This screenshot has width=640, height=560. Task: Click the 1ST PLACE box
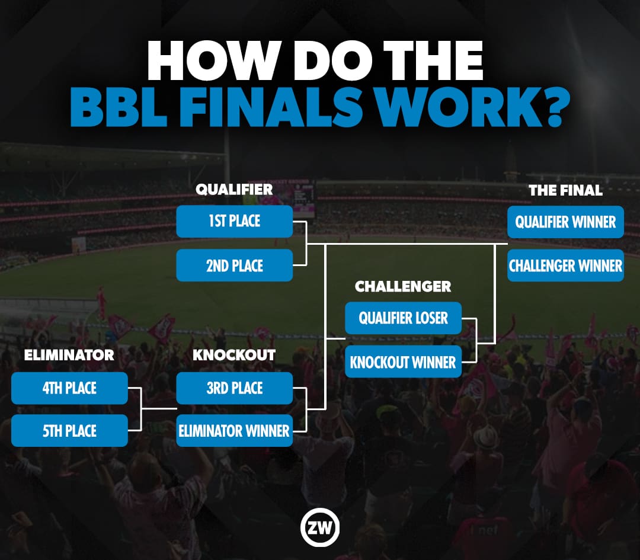tap(234, 222)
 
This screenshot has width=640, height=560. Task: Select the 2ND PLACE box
tap(234, 265)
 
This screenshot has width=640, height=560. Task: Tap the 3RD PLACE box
tap(234, 388)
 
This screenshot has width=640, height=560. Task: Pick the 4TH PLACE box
tap(69, 388)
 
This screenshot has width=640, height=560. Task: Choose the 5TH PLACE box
tap(69, 431)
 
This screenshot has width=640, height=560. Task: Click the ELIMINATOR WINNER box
tap(234, 431)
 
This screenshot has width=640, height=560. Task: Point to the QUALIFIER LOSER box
tap(403, 318)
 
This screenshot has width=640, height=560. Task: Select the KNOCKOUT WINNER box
tap(403, 362)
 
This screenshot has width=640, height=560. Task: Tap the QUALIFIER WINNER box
tap(565, 222)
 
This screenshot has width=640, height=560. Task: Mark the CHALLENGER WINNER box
tap(565, 265)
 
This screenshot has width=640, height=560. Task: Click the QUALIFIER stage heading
tap(234, 190)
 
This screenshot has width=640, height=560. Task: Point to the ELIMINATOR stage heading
tap(69, 355)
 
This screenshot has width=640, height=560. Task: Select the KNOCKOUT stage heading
tap(234, 355)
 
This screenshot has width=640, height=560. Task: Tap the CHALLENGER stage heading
tap(403, 287)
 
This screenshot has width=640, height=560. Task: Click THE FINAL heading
tap(565, 190)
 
